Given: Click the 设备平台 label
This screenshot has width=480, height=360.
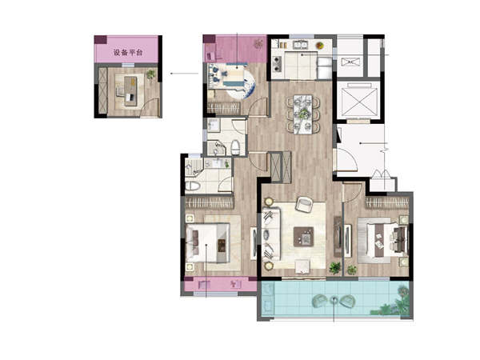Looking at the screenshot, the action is [x=128, y=52].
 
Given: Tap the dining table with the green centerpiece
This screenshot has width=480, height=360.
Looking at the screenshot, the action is [x=303, y=114].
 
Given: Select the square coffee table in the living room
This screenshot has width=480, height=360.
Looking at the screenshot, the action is [x=303, y=237].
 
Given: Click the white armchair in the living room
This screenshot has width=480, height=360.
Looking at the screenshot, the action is [x=304, y=204].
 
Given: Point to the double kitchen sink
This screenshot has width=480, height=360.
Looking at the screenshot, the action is [x=302, y=45].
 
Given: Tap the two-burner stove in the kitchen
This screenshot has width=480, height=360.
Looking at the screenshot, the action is [x=277, y=64].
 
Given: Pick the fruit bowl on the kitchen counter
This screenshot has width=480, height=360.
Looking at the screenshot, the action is [x=320, y=46].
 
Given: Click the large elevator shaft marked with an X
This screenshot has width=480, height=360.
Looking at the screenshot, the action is [x=358, y=102].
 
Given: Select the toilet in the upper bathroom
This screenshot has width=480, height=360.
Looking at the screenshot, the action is [x=235, y=147].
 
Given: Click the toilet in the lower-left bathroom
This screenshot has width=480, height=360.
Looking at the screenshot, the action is [x=193, y=186].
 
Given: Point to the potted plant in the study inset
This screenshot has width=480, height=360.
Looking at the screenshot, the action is [x=150, y=74].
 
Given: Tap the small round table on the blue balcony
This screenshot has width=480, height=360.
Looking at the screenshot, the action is [x=334, y=300].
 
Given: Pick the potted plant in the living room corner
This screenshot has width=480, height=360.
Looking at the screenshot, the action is [x=335, y=267].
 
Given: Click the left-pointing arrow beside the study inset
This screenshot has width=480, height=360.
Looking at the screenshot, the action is [x=185, y=74].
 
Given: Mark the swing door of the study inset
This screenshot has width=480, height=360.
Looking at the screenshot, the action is [x=150, y=107].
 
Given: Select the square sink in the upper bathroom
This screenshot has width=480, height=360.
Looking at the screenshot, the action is [x=213, y=126].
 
